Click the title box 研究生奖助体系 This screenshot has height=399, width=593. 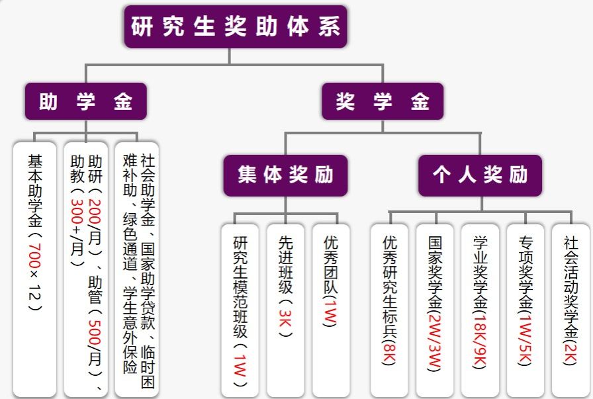pyautogui.click(x=236, y=27)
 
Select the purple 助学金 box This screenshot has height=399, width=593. pyautogui.click(x=86, y=101)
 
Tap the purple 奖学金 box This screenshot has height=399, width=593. pyautogui.click(x=383, y=101)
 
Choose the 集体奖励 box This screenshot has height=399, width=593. pyautogui.click(x=285, y=175)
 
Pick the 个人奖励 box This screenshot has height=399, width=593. pyautogui.click(x=480, y=175)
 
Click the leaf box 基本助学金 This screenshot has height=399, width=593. pyautogui.click(x=35, y=265)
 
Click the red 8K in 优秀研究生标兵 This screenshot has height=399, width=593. pyautogui.click(x=389, y=351)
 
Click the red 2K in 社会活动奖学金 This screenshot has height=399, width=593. pyautogui.click(x=570, y=351)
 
